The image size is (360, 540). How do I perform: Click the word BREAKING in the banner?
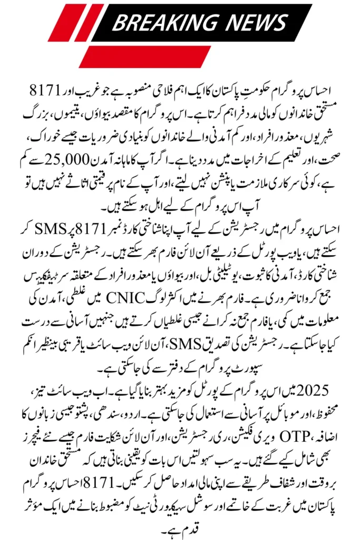coord(160,22)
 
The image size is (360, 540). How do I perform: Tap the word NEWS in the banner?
coord(252,22)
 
